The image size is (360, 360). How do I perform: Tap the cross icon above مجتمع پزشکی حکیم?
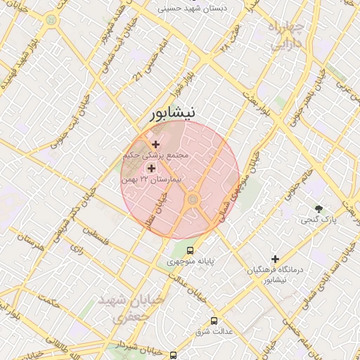point(155,144)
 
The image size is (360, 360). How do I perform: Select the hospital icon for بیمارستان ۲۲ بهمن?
point(151,168)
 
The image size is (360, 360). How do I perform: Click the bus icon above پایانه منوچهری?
point(189,250)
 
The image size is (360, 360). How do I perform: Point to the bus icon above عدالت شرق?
point(233,319)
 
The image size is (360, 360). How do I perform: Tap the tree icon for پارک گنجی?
point(319,208)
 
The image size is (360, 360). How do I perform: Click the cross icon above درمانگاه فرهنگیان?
point(275,259)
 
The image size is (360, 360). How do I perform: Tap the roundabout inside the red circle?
point(191,202)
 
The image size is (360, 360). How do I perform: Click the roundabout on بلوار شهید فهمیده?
point(51,20)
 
